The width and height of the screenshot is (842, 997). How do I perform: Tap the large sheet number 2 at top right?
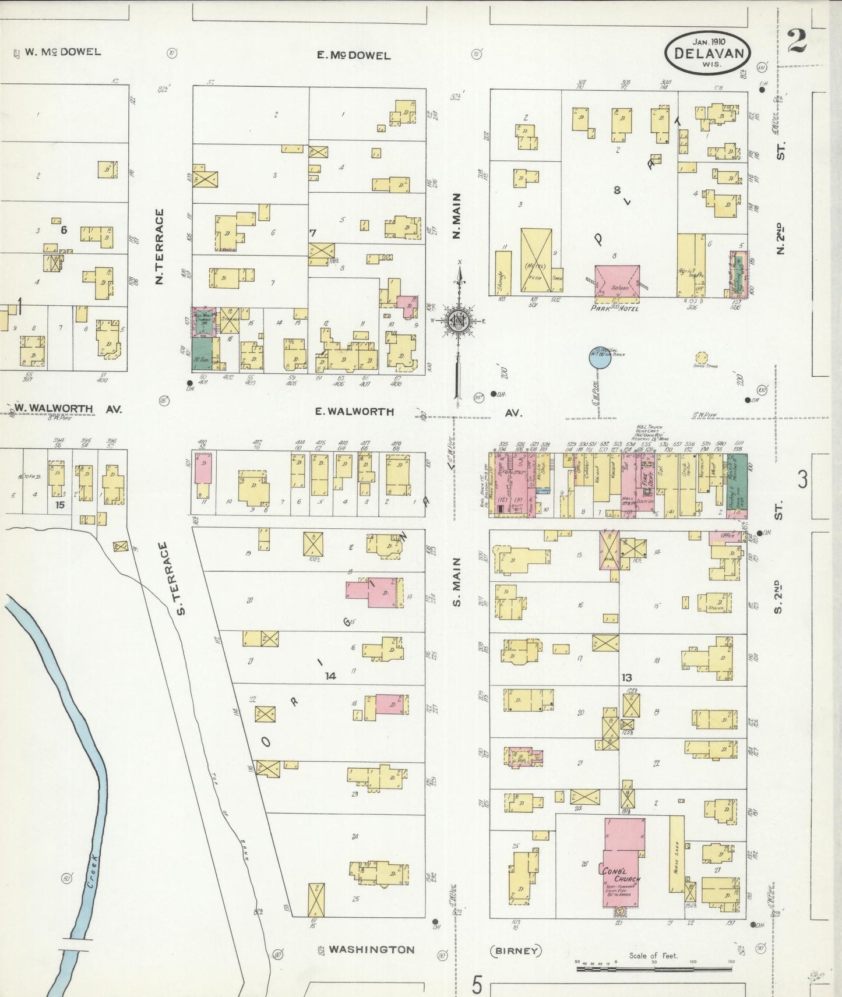coord(797,41)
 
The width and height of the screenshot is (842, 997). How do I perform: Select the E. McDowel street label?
coord(353,56)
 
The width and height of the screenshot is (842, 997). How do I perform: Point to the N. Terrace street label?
coord(158,247)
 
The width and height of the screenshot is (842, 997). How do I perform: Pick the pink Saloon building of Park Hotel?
coord(617,281)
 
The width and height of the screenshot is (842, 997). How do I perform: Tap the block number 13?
coord(627,677)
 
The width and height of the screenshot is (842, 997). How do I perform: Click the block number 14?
coord(330,676)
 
